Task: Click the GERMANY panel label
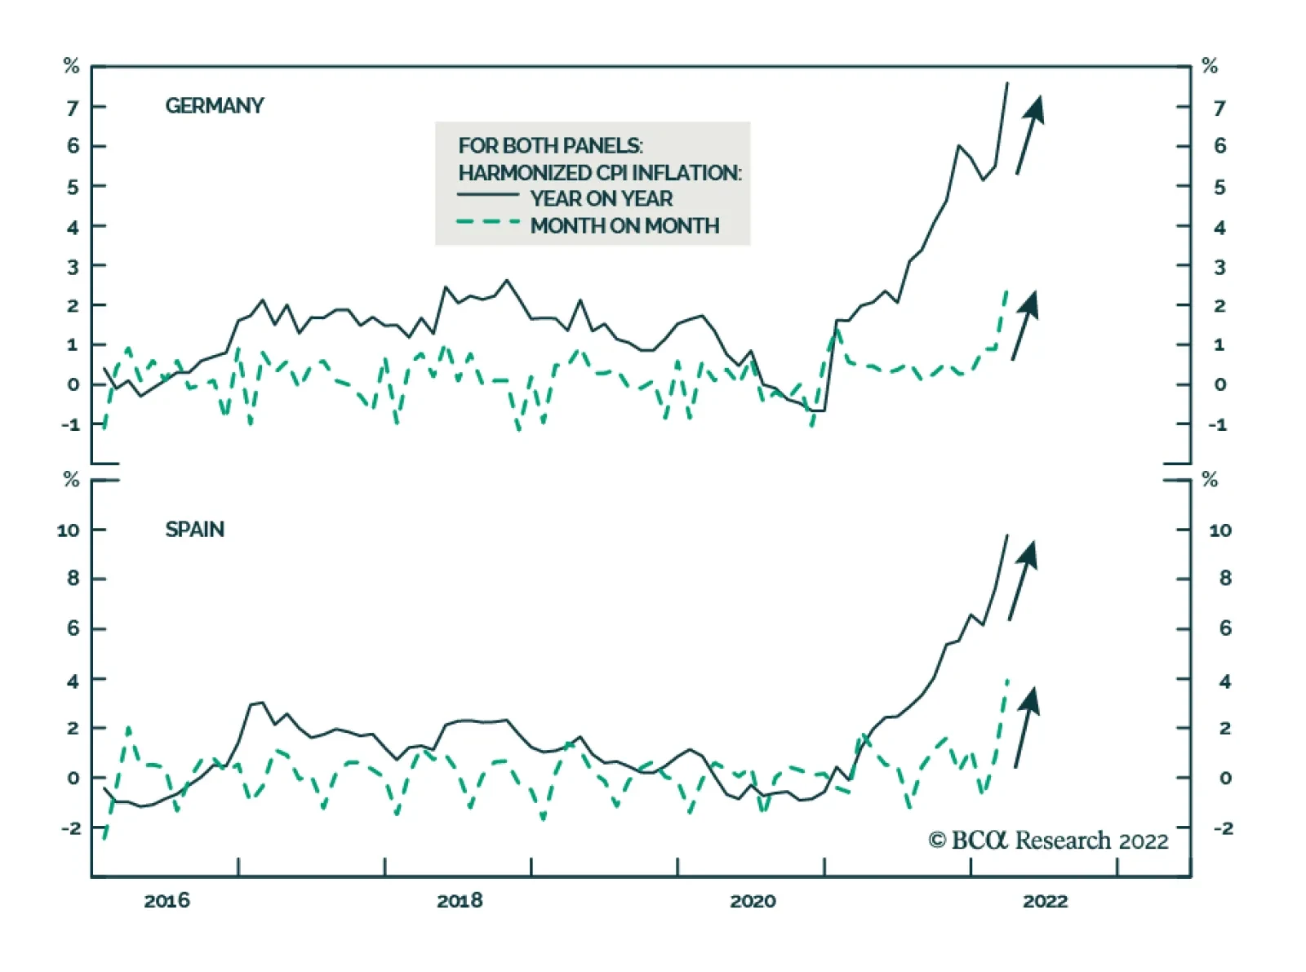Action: [x=214, y=106]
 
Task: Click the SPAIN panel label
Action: [x=194, y=530]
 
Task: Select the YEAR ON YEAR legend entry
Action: [x=601, y=198]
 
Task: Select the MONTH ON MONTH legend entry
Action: [x=624, y=226]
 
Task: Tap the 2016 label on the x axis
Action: [x=167, y=901]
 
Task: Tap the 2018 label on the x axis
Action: [x=460, y=901]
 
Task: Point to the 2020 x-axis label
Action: [x=753, y=901]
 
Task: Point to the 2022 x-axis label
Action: [x=1046, y=901]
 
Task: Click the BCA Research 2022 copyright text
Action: [x=1048, y=840]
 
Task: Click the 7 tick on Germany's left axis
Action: [x=73, y=108]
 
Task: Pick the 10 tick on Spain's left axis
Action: [x=68, y=530]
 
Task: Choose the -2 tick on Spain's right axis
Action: [x=1223, y=828]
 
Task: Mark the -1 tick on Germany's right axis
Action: [x=1218, y=424]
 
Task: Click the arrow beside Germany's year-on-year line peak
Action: [x=1030, y=134]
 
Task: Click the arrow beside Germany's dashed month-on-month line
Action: [x=1025, y=325]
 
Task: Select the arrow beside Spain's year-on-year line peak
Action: [x=1023, y=580]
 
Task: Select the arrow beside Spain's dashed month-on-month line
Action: [x=1026, y=726]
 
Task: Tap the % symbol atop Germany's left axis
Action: [x=72, y=66]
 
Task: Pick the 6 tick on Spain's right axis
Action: [x=1224, y=628]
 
